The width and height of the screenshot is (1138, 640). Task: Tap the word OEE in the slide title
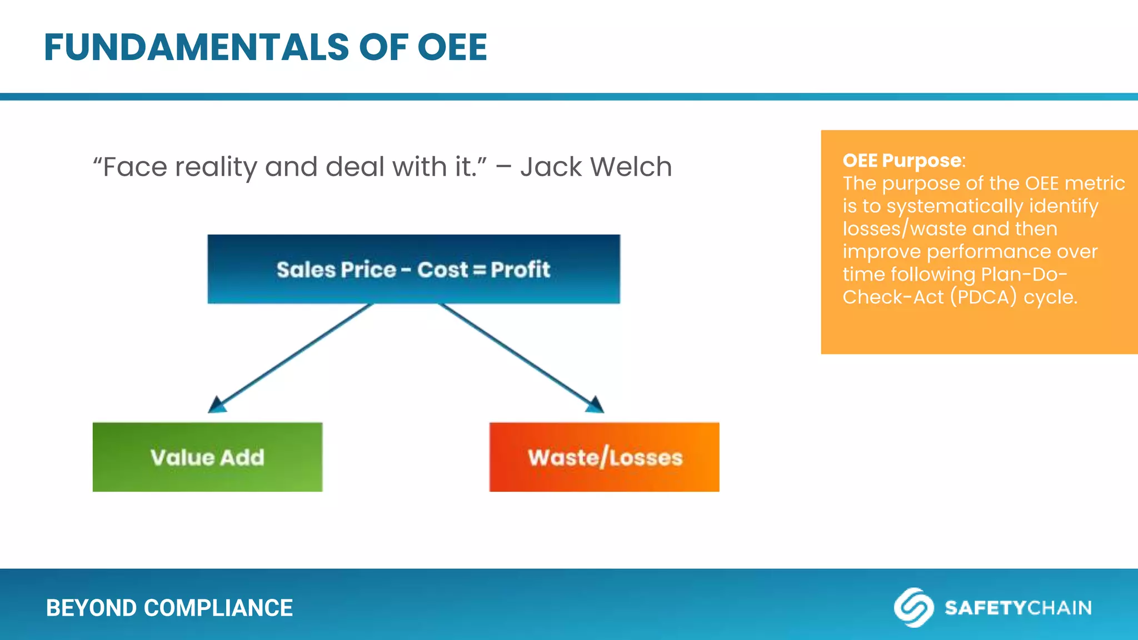point(452,47)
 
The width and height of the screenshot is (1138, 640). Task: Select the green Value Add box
point(207,457)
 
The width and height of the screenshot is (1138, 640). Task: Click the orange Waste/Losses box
point(604,457)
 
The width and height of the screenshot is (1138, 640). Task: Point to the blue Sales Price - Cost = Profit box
point(413,269)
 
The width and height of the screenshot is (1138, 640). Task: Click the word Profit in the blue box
point(520,269)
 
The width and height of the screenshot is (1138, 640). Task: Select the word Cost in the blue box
point(442,269)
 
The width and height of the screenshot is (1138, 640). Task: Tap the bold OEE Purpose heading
point(902,161)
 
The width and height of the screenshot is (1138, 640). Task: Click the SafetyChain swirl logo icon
point(913,607)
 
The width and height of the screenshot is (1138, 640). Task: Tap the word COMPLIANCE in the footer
point(218,608)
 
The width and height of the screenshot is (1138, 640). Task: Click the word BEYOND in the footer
point(92,608)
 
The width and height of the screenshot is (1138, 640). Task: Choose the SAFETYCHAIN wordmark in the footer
point(1018,608)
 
